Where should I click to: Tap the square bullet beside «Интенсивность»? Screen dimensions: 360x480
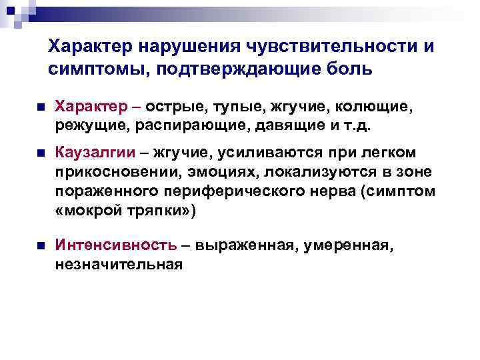pos(41,246)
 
